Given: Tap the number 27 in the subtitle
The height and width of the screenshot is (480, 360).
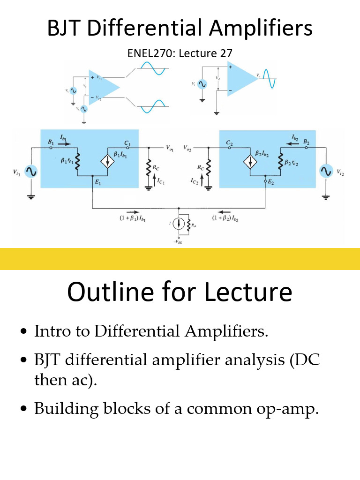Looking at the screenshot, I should pyautogui.click(x=226, y=53).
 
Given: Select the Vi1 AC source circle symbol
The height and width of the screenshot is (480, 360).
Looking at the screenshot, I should pyautogui.click(x=31, y=172).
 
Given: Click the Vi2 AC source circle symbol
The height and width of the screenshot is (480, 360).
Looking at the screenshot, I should pyautogui.click(x=325, y=172).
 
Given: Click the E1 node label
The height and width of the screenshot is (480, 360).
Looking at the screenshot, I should pyautogui.click(x=98, y=183).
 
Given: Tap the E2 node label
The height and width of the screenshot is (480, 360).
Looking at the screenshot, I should pyautogui.click(x=271, y=183).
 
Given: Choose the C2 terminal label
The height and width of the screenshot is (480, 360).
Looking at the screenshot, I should pyautogui.click(x=229, y=142).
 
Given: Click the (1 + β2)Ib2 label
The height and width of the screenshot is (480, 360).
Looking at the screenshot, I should pyautogui.click(x=225, y=218).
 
